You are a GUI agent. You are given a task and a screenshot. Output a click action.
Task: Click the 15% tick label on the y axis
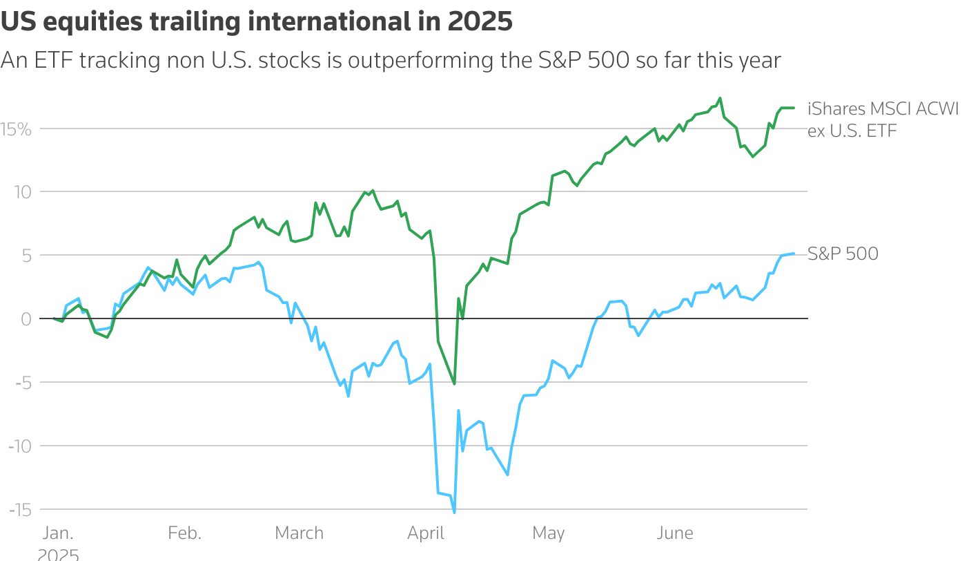[16, 129]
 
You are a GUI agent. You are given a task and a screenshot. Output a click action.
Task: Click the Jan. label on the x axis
[58, 533]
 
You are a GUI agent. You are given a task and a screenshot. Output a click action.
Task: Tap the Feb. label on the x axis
[184, 533]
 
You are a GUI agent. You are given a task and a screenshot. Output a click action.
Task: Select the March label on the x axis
[299, 533]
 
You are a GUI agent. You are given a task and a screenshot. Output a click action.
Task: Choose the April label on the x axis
[426, 533]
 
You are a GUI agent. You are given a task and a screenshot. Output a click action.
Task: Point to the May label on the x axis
[548, 533]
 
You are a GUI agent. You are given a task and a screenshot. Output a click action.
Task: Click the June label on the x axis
[674, 533]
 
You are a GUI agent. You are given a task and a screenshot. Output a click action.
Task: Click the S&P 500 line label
[843, 254]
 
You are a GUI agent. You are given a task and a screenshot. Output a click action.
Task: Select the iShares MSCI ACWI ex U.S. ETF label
[883, 120]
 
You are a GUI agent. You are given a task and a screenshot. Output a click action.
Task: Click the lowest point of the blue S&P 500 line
[454, 512]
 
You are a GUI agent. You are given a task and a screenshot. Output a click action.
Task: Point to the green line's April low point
[454, 383]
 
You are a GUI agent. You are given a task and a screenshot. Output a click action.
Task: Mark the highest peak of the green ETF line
[720, 98]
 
